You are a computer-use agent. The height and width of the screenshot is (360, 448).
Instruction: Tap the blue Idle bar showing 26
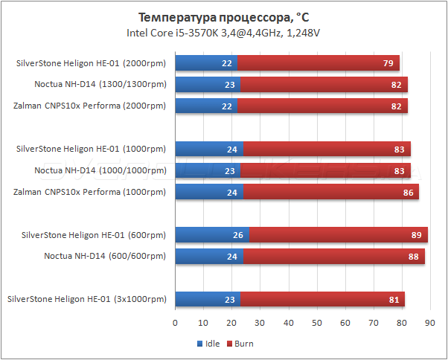coord(212,236)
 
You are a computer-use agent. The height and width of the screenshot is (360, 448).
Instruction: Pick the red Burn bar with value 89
coord(339,236)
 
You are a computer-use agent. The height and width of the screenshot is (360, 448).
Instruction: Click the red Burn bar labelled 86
coord(331,193)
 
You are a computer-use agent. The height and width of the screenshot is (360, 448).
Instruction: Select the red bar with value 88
coord(334,257)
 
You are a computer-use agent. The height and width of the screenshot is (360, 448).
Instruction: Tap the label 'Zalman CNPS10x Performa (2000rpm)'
coord(89,106)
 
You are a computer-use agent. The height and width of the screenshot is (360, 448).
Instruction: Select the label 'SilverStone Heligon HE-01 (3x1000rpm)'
coord(86,300)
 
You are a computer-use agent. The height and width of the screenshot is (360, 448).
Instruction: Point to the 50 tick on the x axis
coord(316,324)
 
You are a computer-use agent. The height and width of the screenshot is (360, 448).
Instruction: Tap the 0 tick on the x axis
coord(175,324)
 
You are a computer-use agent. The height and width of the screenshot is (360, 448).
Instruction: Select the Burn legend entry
coord(240,344)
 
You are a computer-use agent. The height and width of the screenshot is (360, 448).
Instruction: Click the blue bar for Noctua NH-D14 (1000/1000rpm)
coord(208,171)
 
